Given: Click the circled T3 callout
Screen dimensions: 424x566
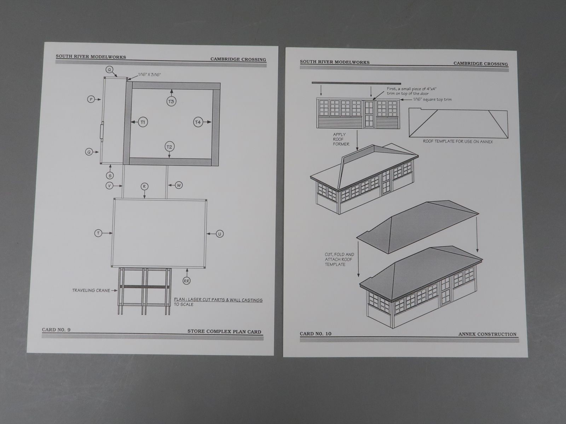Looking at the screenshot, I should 171,101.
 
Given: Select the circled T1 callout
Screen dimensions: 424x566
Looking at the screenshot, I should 143,122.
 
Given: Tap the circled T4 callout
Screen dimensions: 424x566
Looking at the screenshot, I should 198,122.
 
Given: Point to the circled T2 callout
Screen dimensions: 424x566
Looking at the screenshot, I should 169,147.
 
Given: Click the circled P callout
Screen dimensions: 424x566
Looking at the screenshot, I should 91,100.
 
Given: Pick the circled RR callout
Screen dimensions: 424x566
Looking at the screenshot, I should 187,281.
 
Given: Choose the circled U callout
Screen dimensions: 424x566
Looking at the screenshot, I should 220,234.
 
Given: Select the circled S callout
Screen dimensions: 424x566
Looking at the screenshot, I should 110,175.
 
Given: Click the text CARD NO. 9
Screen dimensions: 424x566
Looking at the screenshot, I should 56,330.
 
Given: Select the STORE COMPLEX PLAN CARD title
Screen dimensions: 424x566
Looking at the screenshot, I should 224,331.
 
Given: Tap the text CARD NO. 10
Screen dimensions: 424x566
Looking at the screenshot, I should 316,333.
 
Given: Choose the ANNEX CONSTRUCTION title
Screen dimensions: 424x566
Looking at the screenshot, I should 487,334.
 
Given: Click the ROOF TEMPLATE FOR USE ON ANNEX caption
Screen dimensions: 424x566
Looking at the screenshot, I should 458,141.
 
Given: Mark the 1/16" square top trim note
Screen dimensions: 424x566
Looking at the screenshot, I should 432,100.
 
